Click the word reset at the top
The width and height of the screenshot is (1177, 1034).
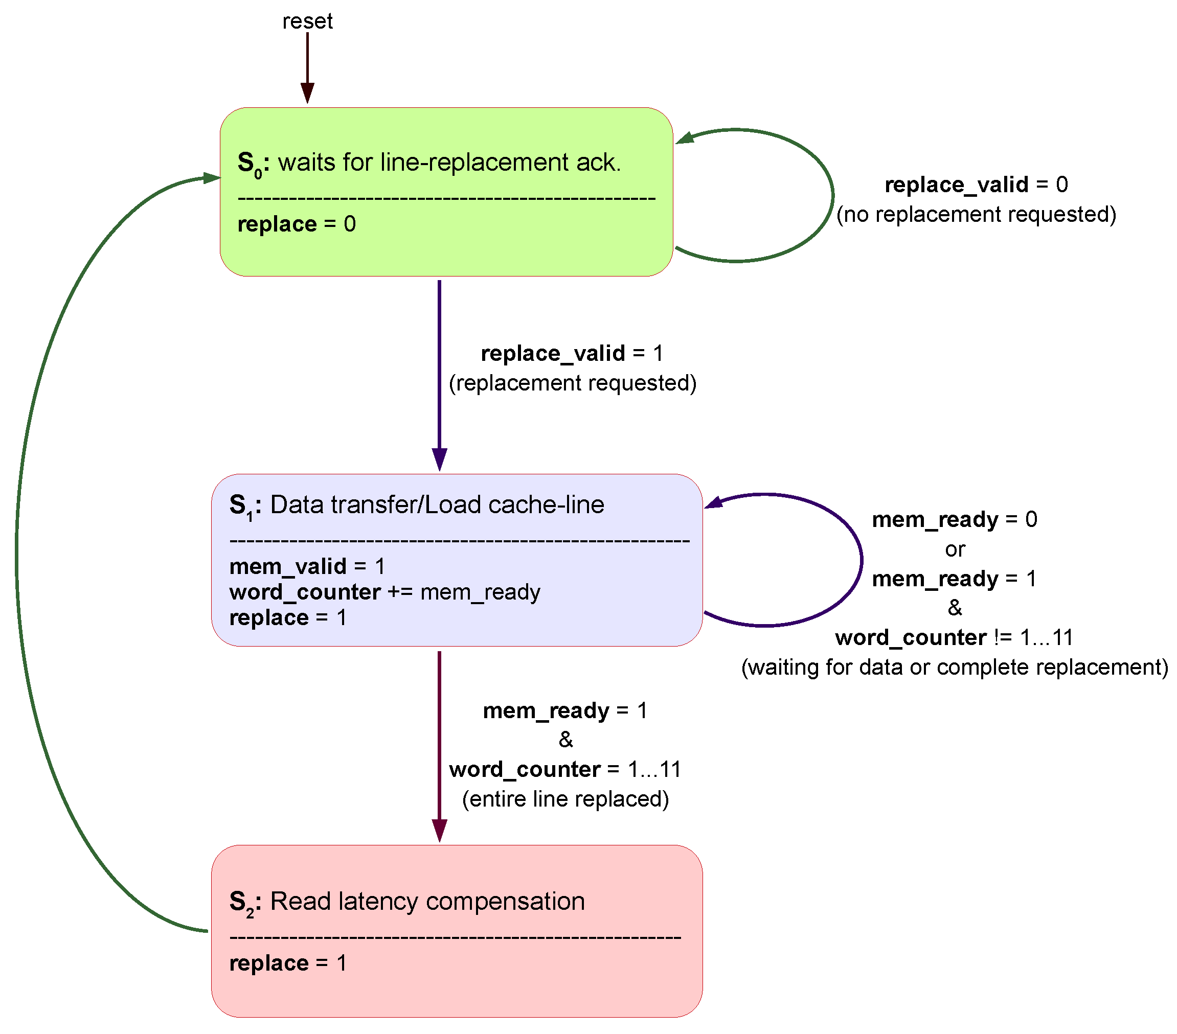point(307,21)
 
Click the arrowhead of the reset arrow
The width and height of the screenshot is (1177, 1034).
point(307,93)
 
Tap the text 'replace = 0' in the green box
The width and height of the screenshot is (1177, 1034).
point(297,224)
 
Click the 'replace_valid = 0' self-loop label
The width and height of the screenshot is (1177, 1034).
point(976,185)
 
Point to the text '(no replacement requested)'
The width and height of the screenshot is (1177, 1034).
point(976,214)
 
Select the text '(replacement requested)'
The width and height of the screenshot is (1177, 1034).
point(572,383)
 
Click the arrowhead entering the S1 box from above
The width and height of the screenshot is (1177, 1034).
point(439,459)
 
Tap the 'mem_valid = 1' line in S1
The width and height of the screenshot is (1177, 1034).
point(307,566)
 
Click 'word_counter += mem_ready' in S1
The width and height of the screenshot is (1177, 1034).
point(384,592)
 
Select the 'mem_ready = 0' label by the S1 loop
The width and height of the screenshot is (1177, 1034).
point(955,519)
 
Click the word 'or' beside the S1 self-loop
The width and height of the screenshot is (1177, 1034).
point(955,549)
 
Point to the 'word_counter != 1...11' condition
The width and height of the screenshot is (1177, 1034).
point(955,637)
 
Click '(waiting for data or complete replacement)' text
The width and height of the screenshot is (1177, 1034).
point(955,667)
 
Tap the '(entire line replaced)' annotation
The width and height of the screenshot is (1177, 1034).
point(565,799)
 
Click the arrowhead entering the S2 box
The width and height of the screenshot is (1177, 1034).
point(439,830)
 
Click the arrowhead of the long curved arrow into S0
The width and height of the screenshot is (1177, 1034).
point(211,178)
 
